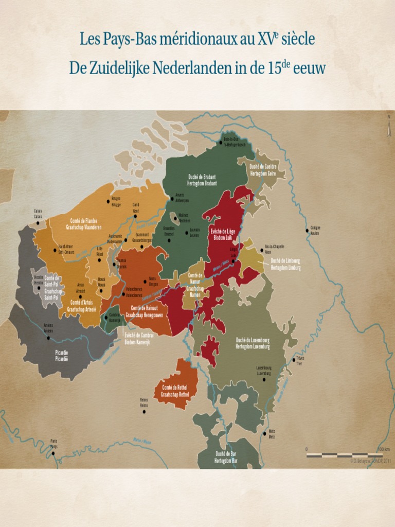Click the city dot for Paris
tap(53, 453)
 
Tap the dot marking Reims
tap(144, 412)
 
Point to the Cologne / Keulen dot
tap(308, 231)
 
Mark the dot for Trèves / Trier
tap(294, 360)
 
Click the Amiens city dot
tap(48, 338)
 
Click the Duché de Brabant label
tap(202, 180)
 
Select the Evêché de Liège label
tap(224, 235)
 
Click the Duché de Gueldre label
tap(263, 170)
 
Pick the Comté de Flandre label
tap(83, 224)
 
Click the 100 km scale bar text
tap(383, 449)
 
